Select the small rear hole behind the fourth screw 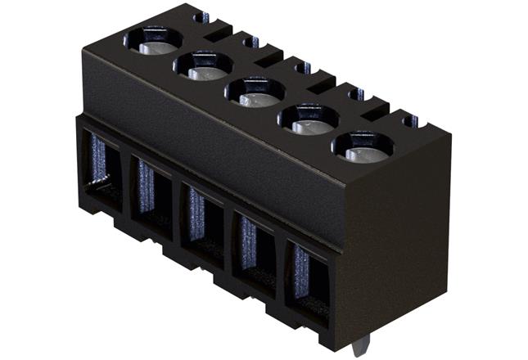pos(357,94)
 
